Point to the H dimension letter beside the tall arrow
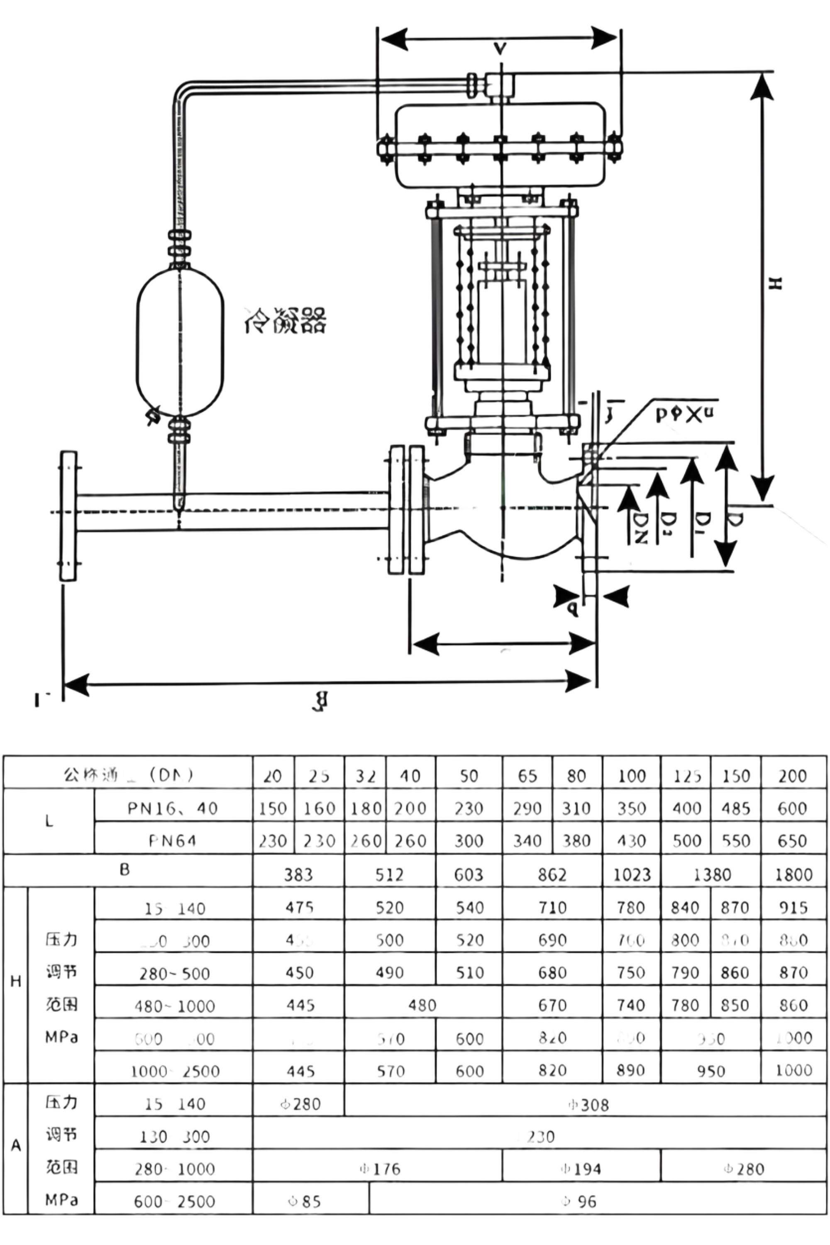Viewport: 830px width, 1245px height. pyautogui.click(x=774, y=284)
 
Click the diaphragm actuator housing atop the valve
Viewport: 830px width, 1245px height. pyautogui.click(x=500, y=146)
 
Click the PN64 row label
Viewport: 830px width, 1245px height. pyautogui.click(x=173, y=841)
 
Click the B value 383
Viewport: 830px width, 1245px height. pyautogui.click(x=298, y=874)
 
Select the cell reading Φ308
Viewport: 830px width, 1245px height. pyautogui.click(x=588, y=1105)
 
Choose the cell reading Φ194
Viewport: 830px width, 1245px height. pyautogui.click(x=581, y=1169)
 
